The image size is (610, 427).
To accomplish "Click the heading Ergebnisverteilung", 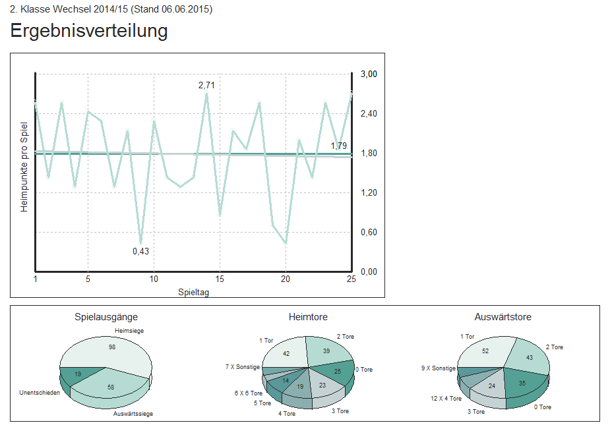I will [89, 31].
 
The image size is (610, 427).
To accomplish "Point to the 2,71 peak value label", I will [206, 85].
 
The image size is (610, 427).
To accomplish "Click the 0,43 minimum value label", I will [140, 251].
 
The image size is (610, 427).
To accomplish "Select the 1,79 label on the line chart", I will [338, 146].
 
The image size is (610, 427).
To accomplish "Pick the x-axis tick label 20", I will [286, 279].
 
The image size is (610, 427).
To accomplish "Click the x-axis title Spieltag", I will [193, 291].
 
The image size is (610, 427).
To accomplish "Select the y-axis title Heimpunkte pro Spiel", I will [24, 166].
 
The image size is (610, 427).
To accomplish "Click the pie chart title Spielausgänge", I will [106, 317].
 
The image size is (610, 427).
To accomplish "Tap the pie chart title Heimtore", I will [308, 317].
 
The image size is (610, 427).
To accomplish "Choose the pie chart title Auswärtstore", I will [503, 317].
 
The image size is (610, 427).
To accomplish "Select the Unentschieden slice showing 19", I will [78, 374].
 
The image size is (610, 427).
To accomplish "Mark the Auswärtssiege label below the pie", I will [134, 414].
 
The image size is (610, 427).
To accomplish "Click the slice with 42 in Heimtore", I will [286, 354].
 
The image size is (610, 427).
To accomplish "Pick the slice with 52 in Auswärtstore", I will [485, 351].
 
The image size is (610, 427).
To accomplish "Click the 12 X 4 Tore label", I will [446, 398].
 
